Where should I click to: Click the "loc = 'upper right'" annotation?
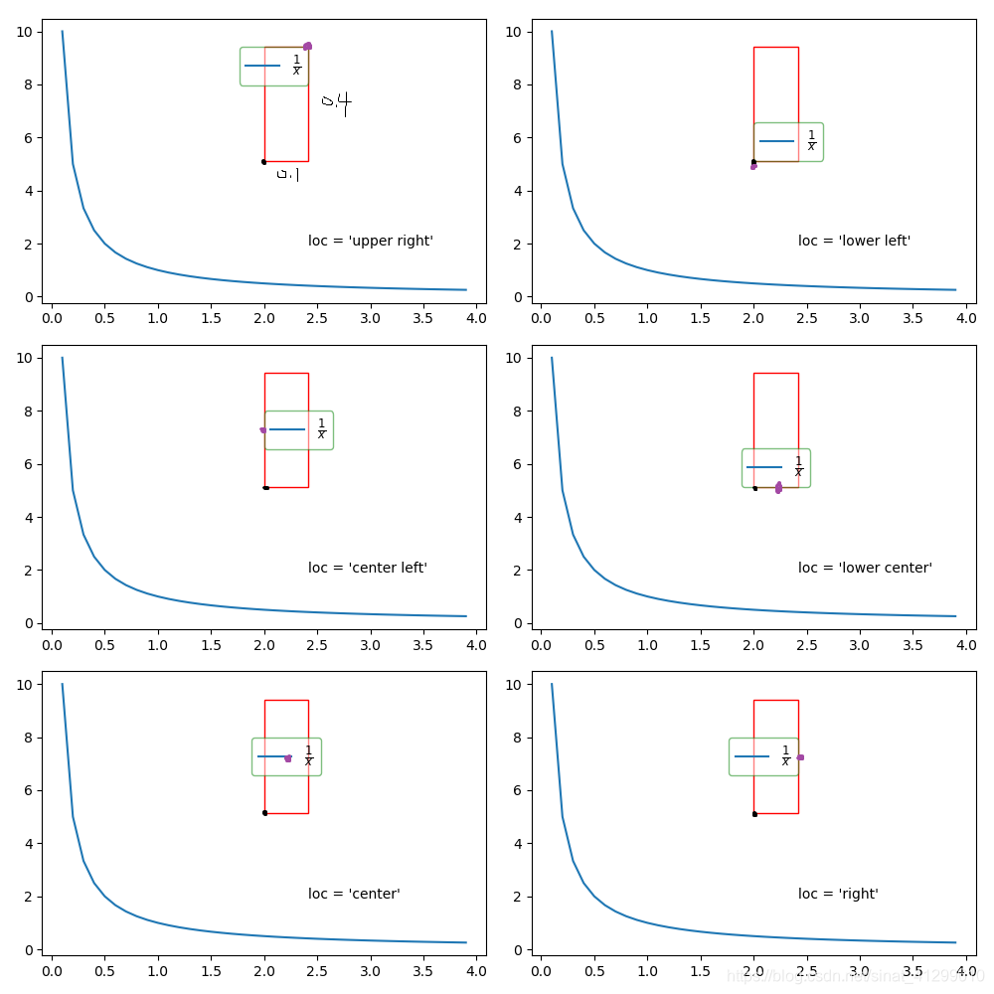pos(371,241)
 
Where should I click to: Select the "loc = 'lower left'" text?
pos(854,241)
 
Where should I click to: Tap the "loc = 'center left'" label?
pos(368,568)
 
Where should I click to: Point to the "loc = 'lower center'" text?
pos(865,568)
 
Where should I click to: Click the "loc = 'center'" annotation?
pos(354,894)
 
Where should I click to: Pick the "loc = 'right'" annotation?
pos(838,894)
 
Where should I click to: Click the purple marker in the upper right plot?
pos(308,46)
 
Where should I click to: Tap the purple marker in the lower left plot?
pos(753,166)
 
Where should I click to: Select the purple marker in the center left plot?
pos(263,429)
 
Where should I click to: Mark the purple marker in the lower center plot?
pos(778,487)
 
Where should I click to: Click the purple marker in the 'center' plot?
pos(288,758)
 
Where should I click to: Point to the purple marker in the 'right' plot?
pos(800,757)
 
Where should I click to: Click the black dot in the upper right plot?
pos(263,161)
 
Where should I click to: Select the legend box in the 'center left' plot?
pos(298,430)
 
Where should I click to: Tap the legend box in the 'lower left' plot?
pos(788,142)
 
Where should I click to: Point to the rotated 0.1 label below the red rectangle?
pos(287,174)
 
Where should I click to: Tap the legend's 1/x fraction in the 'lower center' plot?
pos(798,466)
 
